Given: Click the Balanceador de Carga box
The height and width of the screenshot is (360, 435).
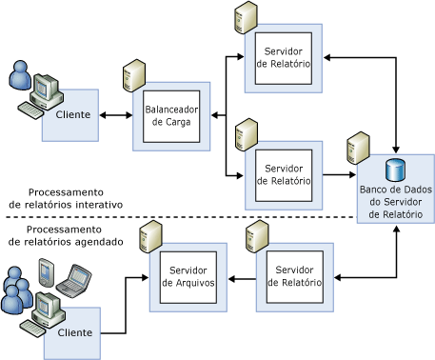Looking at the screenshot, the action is [171, 116].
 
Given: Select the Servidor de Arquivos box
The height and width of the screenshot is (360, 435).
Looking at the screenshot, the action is [188, 277].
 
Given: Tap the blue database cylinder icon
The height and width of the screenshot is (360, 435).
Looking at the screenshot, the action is [395, 170].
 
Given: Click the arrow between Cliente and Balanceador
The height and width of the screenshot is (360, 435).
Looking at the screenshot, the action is [116, 115].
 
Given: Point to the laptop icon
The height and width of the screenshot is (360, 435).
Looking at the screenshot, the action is [73, 281].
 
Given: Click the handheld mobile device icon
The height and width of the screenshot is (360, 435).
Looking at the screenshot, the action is [47, 272].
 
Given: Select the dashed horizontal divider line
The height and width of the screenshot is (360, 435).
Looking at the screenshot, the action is [181, 217].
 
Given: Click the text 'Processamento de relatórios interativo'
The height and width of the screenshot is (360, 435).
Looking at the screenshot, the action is [66, 198].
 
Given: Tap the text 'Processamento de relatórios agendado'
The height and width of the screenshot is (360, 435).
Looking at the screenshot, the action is [66, 235].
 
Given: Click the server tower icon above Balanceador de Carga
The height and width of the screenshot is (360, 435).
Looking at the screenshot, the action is [134, 75].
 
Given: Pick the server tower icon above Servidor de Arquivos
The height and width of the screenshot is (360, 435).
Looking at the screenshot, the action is [150, 237].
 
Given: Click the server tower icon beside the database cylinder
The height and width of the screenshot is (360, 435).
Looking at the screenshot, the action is [358, 148].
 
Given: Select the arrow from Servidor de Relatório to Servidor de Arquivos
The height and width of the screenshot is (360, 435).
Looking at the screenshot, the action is [242, 279].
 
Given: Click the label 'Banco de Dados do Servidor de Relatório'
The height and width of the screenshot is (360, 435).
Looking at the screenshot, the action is [396, 202].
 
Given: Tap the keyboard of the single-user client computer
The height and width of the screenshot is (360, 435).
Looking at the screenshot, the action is [30, 110].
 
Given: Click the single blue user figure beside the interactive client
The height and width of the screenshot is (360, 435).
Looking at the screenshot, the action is [20, 75].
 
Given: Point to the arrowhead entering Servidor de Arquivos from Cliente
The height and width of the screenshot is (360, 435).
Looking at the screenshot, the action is [145, 278].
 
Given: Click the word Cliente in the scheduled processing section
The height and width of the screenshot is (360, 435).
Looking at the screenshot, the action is [75, 332].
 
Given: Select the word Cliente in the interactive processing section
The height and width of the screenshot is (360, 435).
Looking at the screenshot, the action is [73, 114].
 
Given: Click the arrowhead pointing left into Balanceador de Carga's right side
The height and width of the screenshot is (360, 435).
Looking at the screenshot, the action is [215, 115].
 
